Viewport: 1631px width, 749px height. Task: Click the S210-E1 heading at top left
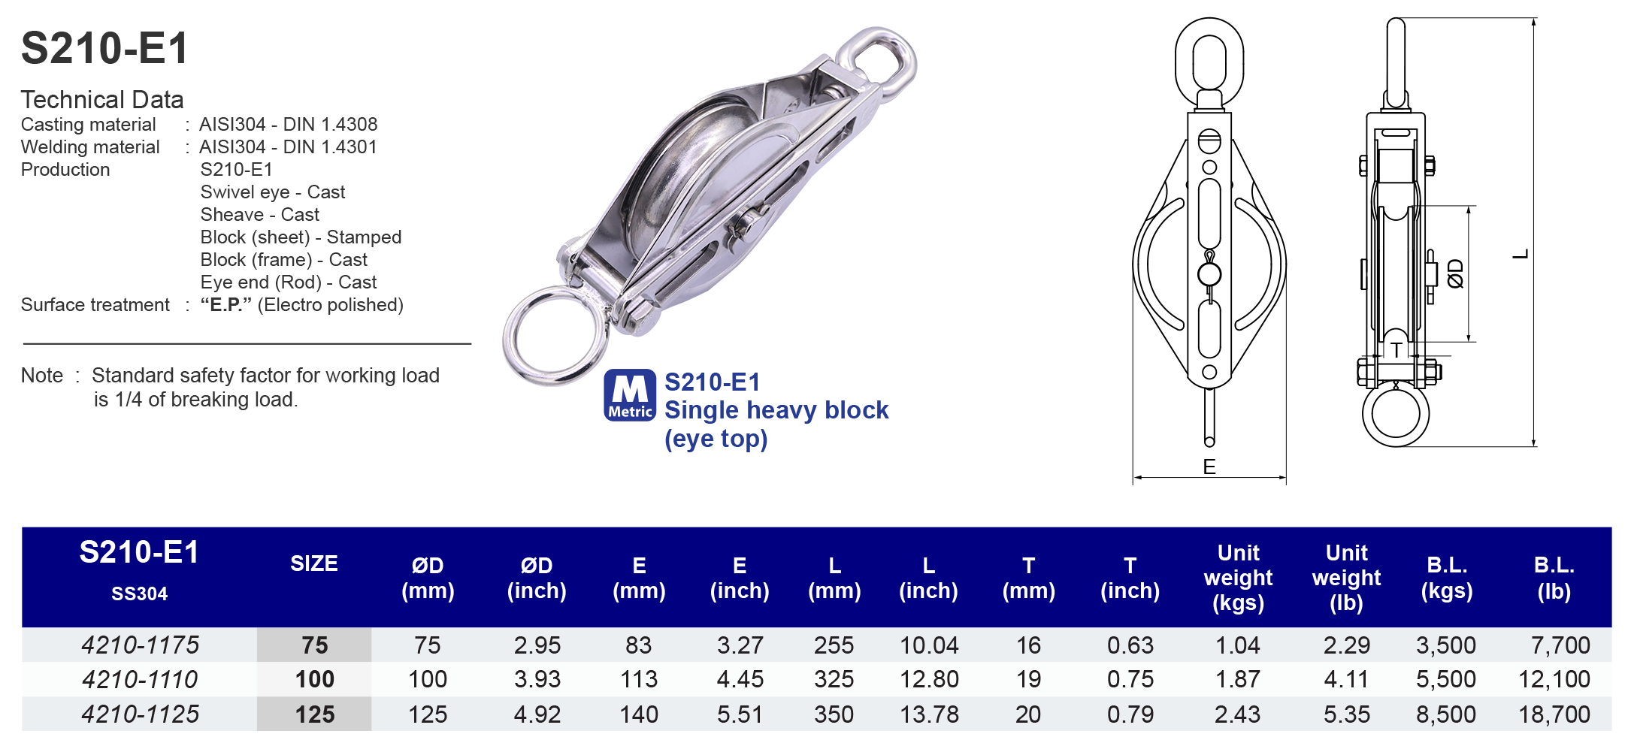tap(104, 49)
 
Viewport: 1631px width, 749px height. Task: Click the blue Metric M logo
tap(630, 394)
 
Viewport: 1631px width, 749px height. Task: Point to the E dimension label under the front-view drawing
tap(1209, 467)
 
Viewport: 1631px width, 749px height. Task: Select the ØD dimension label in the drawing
tap(1456, 274)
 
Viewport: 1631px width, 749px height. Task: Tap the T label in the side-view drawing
tap(1396, 350)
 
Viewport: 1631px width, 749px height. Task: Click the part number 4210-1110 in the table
tap(140, 679)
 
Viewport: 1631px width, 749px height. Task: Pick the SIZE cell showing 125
tap(314, 714)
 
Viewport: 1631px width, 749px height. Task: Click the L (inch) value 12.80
tap(929, 679)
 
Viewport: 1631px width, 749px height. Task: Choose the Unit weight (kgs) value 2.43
tap(1237, 714)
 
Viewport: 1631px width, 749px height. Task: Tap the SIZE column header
tap(314, 563)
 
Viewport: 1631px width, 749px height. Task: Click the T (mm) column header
tap(1028, 578)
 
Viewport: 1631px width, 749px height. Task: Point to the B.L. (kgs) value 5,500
tap(1445, 679)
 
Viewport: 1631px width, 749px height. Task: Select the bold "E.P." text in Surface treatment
tap(226, 305)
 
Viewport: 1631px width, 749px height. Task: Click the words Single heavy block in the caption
tap(776, 410)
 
